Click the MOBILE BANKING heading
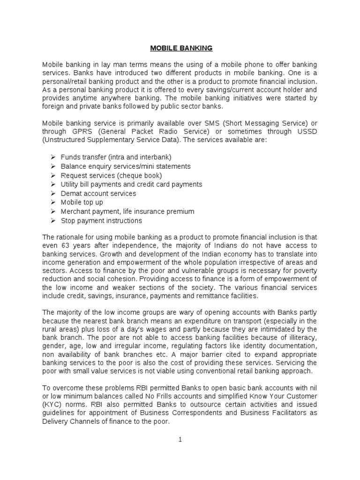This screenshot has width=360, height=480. coord(181,48)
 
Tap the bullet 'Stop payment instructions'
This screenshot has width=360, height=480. coord(101,221)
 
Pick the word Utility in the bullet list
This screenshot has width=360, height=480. coord(72,184)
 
